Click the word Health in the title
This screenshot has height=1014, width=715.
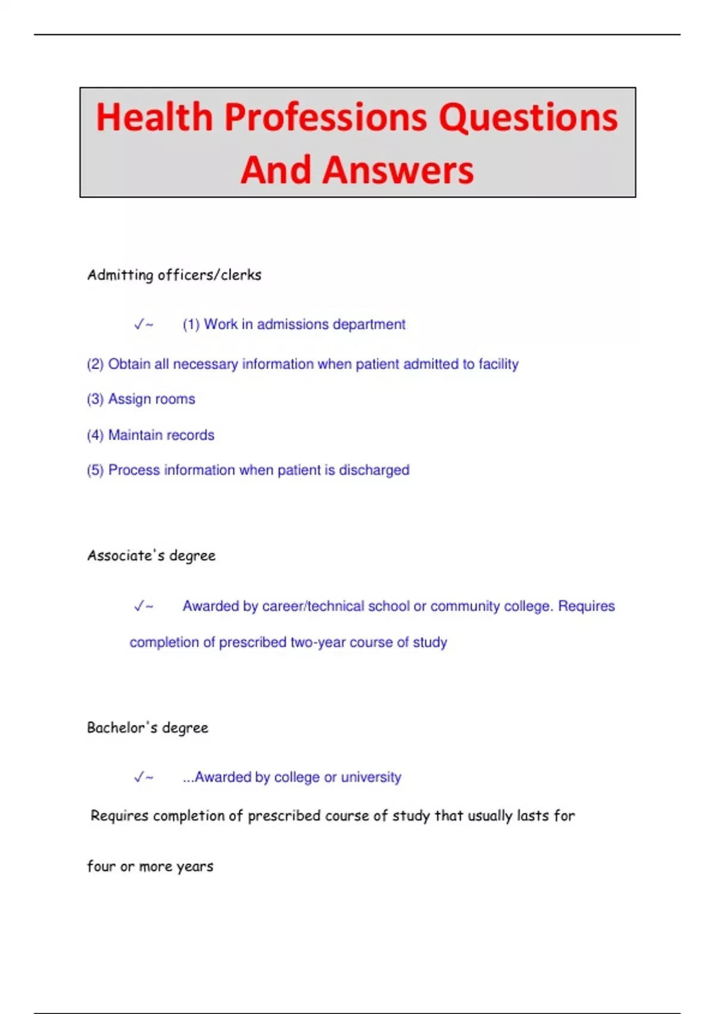[x=154, y=117]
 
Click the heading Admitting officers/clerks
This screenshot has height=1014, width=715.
[x=174, y=275]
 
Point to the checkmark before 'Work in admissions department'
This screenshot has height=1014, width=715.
[x=139, y=324]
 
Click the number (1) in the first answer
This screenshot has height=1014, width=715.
[x=191, y=324]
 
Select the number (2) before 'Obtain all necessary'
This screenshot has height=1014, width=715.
[x=95, y=364]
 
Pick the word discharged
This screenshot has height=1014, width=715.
[x=374, y=471]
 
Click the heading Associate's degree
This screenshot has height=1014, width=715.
[x=151, y=556]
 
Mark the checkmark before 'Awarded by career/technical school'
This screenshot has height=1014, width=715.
[x=139, y=607]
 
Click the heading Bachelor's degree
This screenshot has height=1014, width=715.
[x=148, y=728]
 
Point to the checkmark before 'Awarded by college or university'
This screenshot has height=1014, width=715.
[x=139, y=777]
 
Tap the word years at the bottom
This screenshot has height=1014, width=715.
[x=194, y=867]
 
